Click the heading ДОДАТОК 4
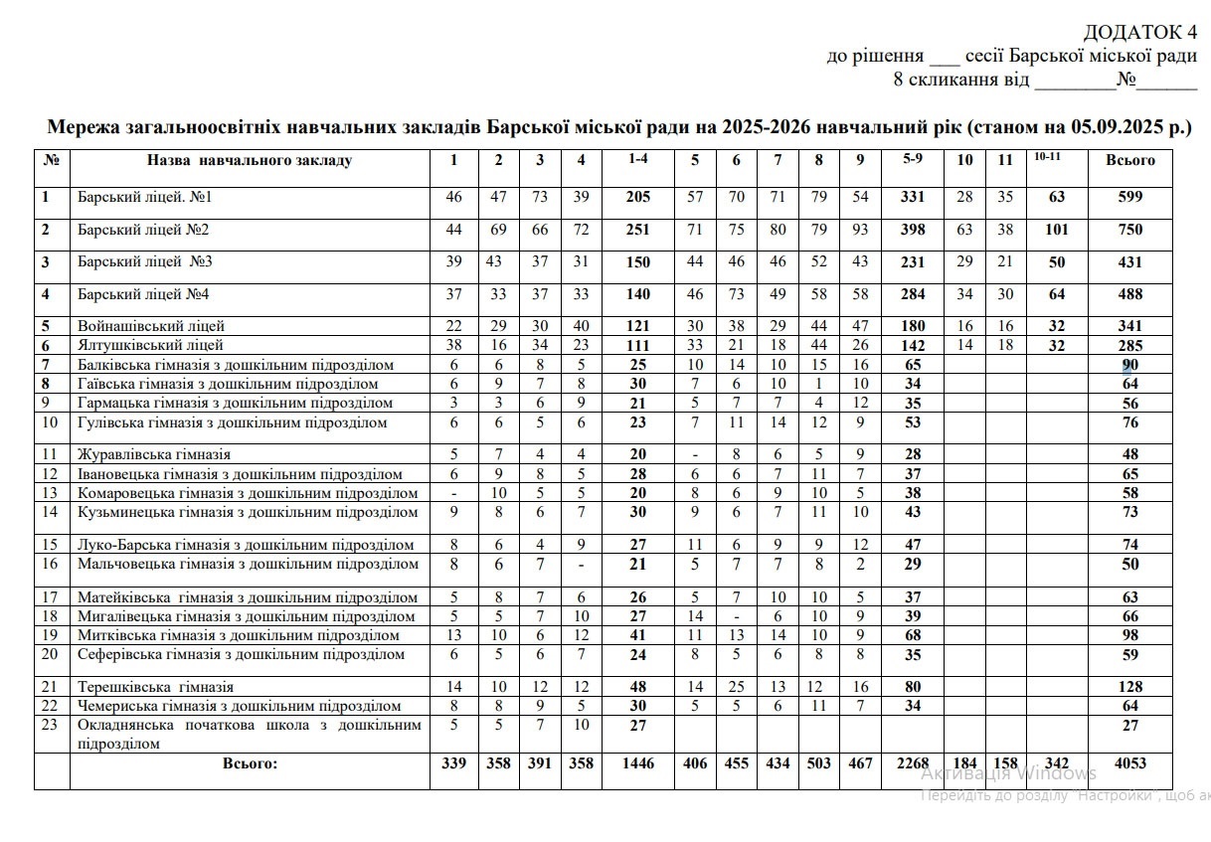click(x=1140, y=32)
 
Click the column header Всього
click(x=1130, y=160)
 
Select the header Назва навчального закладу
click(x=250, y=160)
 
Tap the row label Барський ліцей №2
click(x=143, y=230)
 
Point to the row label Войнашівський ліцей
click(x=151, y=326)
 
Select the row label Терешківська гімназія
click(x=155, y=686)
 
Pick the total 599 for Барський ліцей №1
click(x=1130, y=197)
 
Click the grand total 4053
click(x=1130, y=763)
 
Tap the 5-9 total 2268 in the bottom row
click(x=913, y=763)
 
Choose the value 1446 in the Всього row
click(x=637, y=763)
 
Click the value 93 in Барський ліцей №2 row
click(x=860, y=230)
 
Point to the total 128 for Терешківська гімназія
click(x=1130, y=686)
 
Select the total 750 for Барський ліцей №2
click(x=1130, y=230)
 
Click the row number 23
click(x=50, y=725)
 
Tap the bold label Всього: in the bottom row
click(x=250, y=763)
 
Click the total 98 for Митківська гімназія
click(x=1130, y=635)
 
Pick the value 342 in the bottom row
click(x=1057, y=763)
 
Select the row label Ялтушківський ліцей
click(x=150, y=345)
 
